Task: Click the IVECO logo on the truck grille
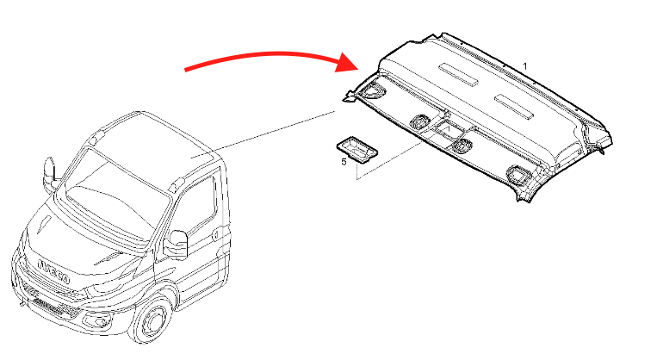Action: pos(53,271)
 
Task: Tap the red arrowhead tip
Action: pos(360,68)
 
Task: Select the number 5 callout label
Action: pos(344,162)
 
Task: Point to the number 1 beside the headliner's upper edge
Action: pos(525,66)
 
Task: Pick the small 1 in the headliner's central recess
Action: pos(449,129)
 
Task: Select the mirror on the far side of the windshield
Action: pos(50,173)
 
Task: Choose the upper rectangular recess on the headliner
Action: pos(458,74)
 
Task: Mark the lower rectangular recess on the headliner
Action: pos(514,106)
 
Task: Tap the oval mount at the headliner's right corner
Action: pos(519,174)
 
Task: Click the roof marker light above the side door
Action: pos(177,184)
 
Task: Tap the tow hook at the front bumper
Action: pos(22,303)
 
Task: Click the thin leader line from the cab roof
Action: pos(263,134)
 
